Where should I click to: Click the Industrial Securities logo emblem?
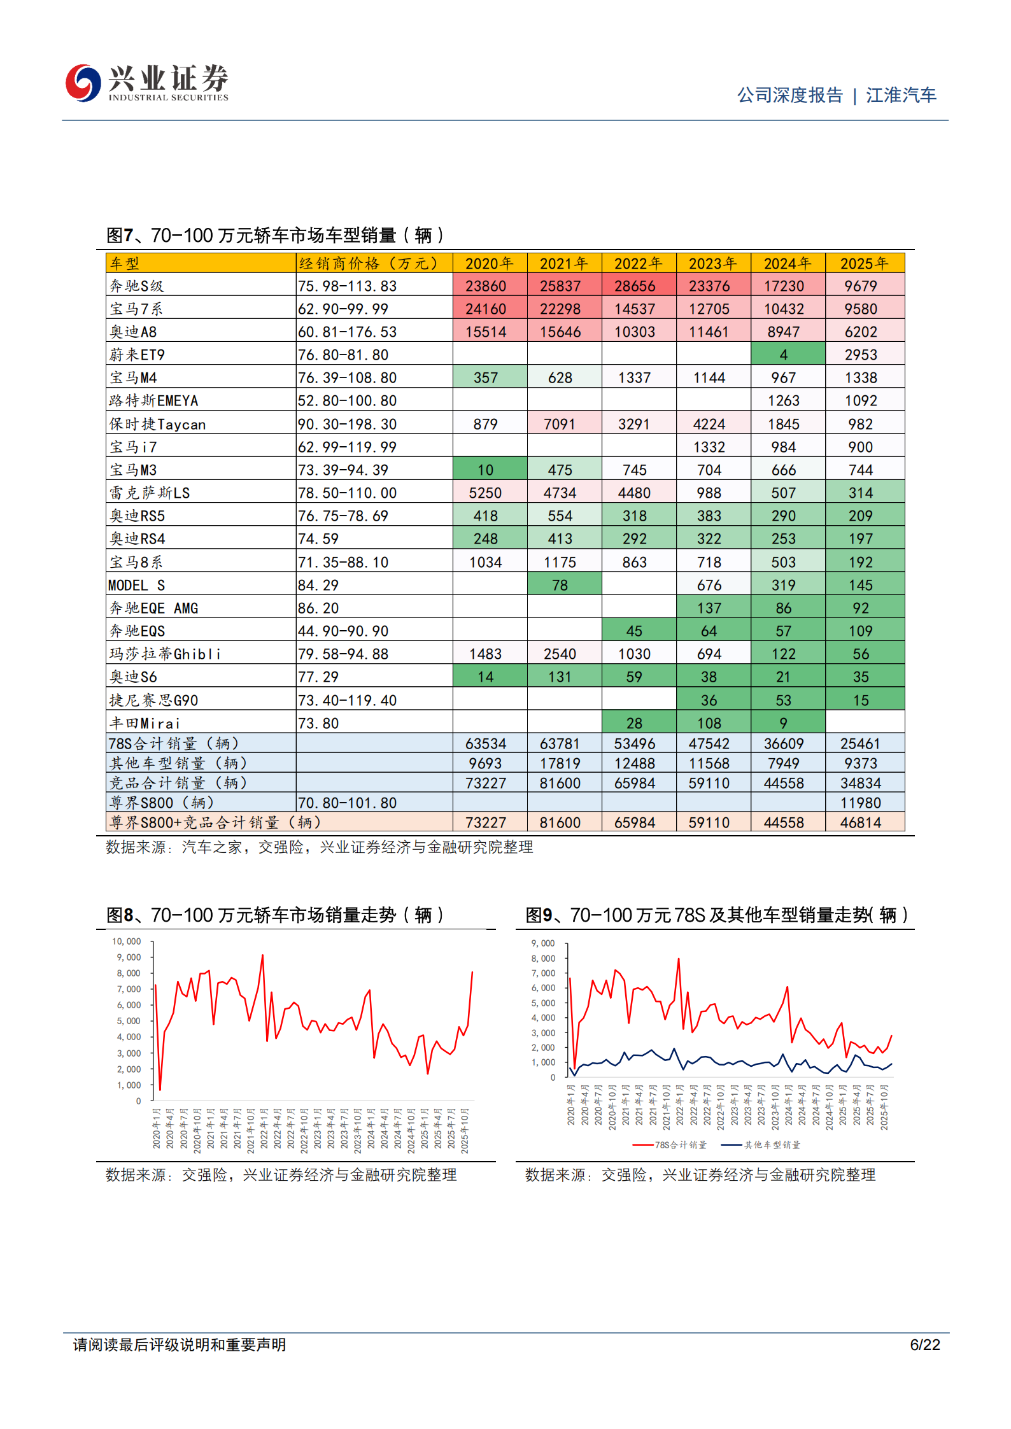pyautogui.click(x=83, y=83)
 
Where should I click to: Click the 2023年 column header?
pyautogui.click(x=712, y=263)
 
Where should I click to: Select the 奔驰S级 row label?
pyautogui.click(x=136, y=286)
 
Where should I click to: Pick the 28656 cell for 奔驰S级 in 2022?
pyautogui.click(x=634, y=286)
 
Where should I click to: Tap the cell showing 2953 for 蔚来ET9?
pyautogui.click(x=860, y=355)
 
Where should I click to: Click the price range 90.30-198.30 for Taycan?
pyautogui.click(x=347, y=424)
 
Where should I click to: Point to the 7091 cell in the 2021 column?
pyautogui.click(x=560, y=424)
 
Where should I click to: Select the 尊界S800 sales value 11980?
pyautogui.click(x=860, y=803)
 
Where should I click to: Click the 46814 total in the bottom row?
pyautogui.click(x=860, y=822)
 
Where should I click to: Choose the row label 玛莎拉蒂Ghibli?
pyautogui.click(x=165, y=654)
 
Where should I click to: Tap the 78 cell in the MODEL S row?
pyautogui.click(x=560, y=585)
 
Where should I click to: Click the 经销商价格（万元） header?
pyautogui.click(x=369, y=263)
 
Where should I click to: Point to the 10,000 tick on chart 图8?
pyautogui.click(x=126, y=941)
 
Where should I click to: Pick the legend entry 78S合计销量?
pyautogui.click(x=680, y=1144)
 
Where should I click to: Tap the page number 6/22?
pyautogui.click(x=924, y=1344)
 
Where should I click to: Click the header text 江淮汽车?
pyautogui.click(x=900, y=95)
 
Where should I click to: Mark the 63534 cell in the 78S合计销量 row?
pyautogui.click(x=485, y=743)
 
